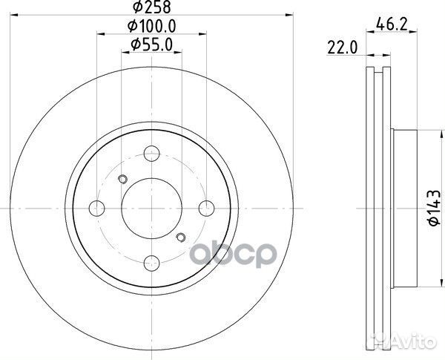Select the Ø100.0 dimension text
coord(152,28)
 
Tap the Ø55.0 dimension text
coord(152,45)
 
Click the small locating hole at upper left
coord(123,178)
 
